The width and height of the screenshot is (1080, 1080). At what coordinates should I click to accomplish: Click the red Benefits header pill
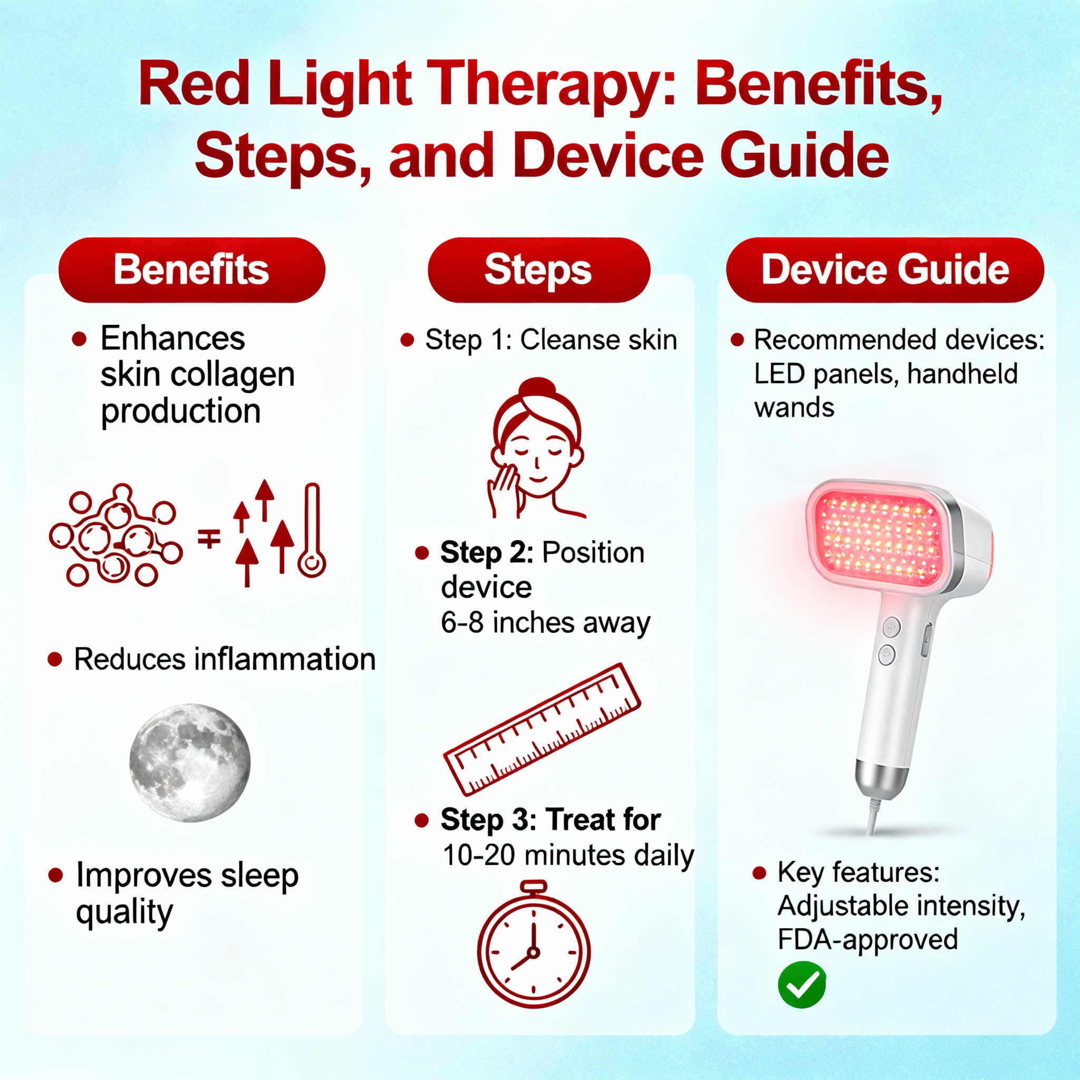click(192, 270)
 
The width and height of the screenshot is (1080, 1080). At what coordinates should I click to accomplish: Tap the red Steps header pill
click(539, 270)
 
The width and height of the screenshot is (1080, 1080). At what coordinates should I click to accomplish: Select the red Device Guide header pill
click(885, 270)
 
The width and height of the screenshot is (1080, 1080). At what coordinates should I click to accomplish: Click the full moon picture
click(190, 763)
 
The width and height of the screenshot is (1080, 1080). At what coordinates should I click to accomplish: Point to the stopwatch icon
click(534, 944)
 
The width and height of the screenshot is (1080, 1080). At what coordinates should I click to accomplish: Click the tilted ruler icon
click(542, 729)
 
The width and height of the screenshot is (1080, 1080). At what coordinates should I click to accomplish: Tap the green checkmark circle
click(802, 985)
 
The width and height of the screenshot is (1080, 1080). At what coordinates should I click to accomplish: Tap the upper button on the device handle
click(891, 626)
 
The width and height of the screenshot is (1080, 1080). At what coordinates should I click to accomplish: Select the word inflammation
click(285, 659)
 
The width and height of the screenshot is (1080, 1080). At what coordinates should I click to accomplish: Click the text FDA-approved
click(867, 939)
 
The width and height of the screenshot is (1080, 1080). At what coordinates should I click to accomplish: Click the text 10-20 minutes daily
click(568, 855)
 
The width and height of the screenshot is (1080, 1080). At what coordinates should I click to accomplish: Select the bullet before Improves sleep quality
click(55, 875)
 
